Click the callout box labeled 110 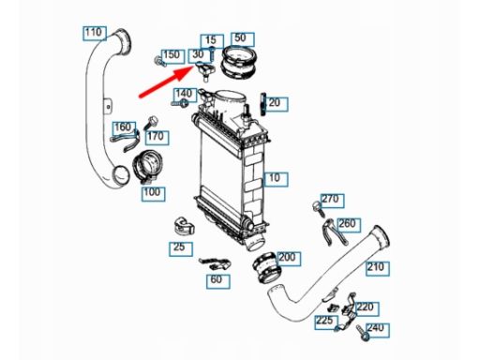[95, 34]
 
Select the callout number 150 [172, 56]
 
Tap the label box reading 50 [243, 39]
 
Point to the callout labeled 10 [277, 179]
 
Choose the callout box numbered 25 [181, 249]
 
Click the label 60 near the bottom [218, 281]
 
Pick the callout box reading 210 [378, 268]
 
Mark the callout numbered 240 [378, 330]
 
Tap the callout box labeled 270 [333, 201]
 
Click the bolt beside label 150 [160, 62]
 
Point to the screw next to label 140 [180, 102]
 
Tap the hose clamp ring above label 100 [146, 167]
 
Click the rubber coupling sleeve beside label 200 [266, 267]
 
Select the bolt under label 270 [319, 209]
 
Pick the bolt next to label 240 [363, 333]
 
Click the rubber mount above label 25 [184, 226]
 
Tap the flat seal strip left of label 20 [262, 104]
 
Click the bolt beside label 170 [150, 123]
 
